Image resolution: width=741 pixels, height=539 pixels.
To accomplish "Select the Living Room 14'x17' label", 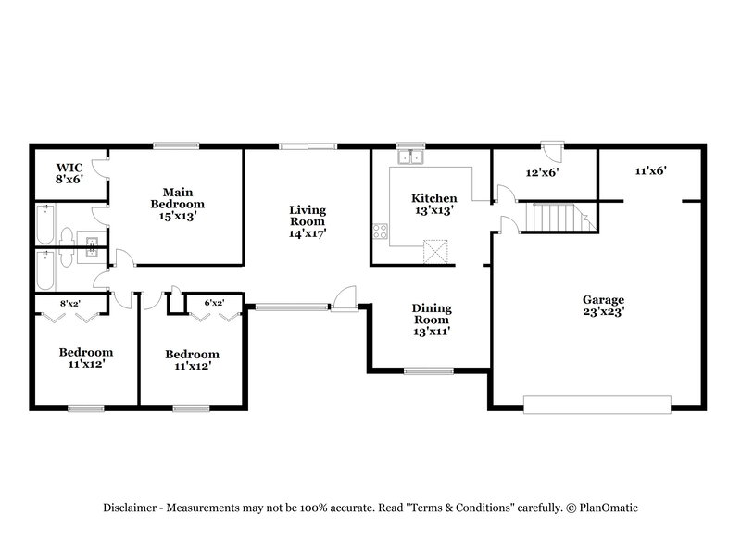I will coord(307,221).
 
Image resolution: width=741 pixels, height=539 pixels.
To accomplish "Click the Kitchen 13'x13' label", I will coord(434,204).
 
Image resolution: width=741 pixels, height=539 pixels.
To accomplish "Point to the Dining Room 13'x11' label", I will coord(432,319).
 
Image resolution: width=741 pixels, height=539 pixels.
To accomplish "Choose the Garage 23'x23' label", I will coord(603,306).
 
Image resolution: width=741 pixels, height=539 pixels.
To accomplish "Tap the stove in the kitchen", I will coord(380,231).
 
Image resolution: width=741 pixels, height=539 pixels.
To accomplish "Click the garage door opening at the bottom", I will coord(597,404).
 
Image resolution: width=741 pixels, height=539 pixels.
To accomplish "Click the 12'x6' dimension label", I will coord(542,171).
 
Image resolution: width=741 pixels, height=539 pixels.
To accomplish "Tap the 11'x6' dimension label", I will coord(651,170).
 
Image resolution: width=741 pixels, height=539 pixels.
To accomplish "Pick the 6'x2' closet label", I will coord(214,302).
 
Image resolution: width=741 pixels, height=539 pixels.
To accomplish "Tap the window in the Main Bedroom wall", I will coord(176,144).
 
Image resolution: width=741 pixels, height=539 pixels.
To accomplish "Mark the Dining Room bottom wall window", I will coord(428,371).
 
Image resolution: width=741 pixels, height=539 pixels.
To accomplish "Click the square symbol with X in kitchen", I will coord(435,251).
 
